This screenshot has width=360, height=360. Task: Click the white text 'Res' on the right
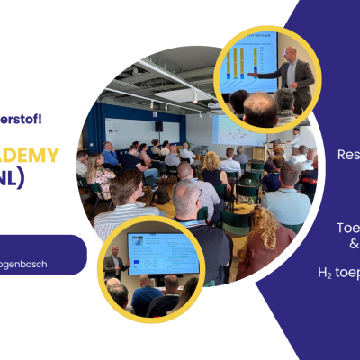pos(348,154)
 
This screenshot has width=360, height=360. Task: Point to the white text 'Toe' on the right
pos(348,228)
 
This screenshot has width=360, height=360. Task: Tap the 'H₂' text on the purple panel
pos(326,271)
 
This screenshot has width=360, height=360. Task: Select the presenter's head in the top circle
pos(290,55)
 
